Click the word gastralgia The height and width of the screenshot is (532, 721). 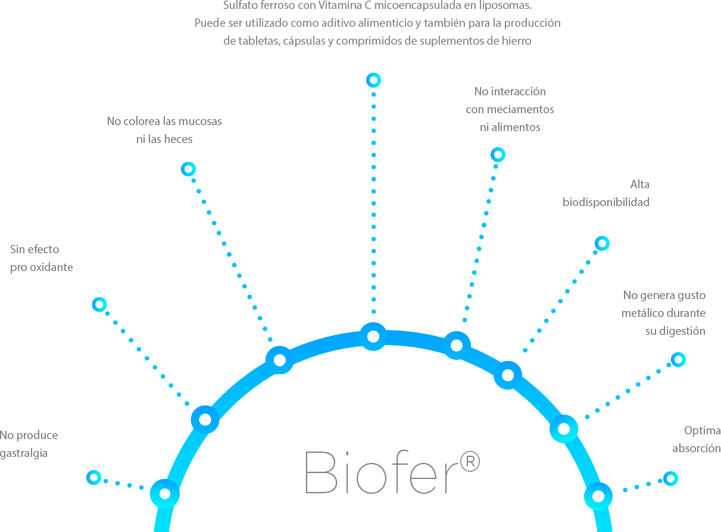(24, 453)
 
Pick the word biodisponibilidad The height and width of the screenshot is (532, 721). (606, 203)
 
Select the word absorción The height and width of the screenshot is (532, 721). (697, 449)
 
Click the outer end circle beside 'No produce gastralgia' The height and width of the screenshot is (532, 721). (94, 477)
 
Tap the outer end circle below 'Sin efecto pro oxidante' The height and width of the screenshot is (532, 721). (99, 304)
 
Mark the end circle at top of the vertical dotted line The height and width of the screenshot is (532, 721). (373, 80)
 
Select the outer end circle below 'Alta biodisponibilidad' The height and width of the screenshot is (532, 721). (602, 243)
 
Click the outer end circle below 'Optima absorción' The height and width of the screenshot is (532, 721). (670, 478)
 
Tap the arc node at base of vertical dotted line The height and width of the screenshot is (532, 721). (373, 337)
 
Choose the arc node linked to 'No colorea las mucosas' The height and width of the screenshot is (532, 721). (279, 360)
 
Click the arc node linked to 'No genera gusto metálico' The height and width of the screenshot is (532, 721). (563, 428)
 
